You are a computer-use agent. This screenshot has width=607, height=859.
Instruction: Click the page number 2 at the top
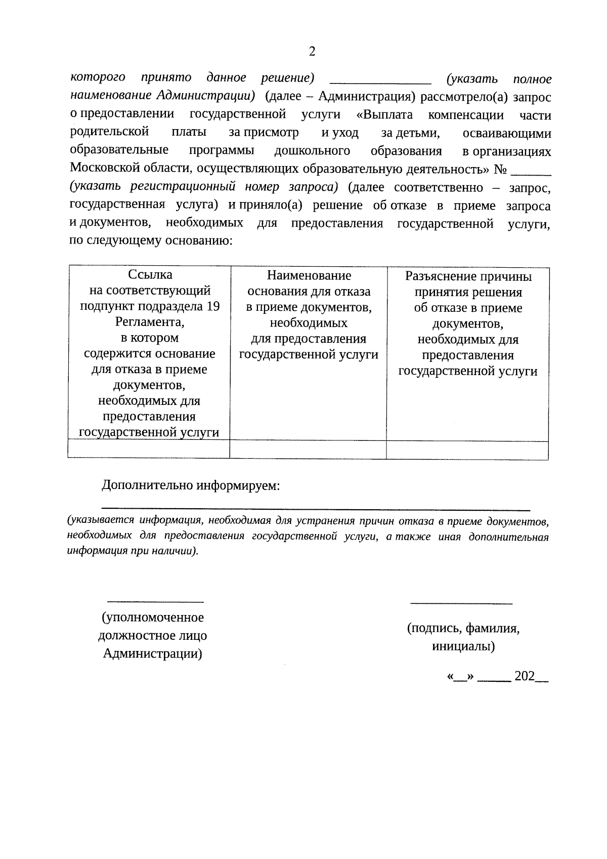point(312,52)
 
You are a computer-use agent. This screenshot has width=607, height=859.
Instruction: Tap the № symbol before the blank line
point(500,169)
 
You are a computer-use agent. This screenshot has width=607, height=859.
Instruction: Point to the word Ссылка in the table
point(150,275)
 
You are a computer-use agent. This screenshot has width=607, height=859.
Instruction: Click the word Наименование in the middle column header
point(309,276)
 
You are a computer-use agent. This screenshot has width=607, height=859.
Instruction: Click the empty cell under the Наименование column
point(308,449)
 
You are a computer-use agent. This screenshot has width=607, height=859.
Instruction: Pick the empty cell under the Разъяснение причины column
point(467,450)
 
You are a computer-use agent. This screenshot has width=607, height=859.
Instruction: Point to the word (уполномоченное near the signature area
point(153,618)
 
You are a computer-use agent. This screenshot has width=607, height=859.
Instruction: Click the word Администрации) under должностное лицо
point(153,654)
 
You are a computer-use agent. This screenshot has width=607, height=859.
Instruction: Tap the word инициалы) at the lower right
point(463,646)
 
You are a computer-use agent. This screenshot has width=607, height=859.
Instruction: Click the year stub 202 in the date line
point(524,677)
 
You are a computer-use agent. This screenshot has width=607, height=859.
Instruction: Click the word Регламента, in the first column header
point(150,322)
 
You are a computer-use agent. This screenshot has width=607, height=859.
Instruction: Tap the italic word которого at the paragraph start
point(98,78)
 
